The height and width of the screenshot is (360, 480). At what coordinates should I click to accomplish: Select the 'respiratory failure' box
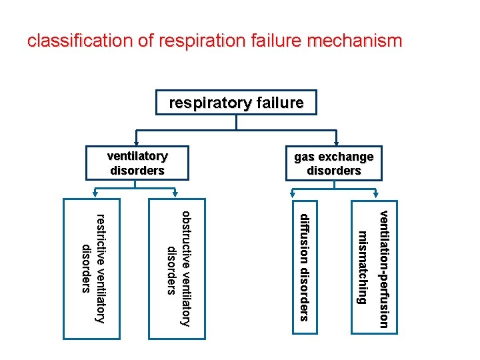pyautogui.click(x=236, y=103)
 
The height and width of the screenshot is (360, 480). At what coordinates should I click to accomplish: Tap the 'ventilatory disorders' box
pyautogui.click(x=137, y=163)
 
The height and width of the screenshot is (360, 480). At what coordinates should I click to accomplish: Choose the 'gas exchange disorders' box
pyautogui.click(x=333, y=163)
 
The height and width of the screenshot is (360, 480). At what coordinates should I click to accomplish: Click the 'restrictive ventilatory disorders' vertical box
pyautogui.click(x=91, y=267)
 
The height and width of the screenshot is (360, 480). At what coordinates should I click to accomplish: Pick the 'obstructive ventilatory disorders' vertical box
pyautogui.click(x=177, y=267)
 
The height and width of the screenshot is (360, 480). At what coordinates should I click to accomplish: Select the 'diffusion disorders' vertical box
pyautogui.click(x=304, y=267)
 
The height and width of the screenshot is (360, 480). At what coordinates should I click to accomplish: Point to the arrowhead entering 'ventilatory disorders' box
pyautogui.click(x=136, y=142)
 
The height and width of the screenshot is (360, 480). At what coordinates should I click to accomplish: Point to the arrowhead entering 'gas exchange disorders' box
pyautogui.click(x=335, y=142)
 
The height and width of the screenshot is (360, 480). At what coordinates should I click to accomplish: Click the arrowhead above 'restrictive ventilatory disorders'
pyautogui.click(x=92, y=195)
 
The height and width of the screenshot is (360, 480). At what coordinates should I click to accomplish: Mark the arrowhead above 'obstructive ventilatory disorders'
pyautogui.click(x=177, y=195)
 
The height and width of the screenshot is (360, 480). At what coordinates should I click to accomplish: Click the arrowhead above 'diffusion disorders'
pyautogui.click(x=293, y=195)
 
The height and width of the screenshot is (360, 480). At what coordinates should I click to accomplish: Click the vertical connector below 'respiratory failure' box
pyautogui.click(x=236, y=122)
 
